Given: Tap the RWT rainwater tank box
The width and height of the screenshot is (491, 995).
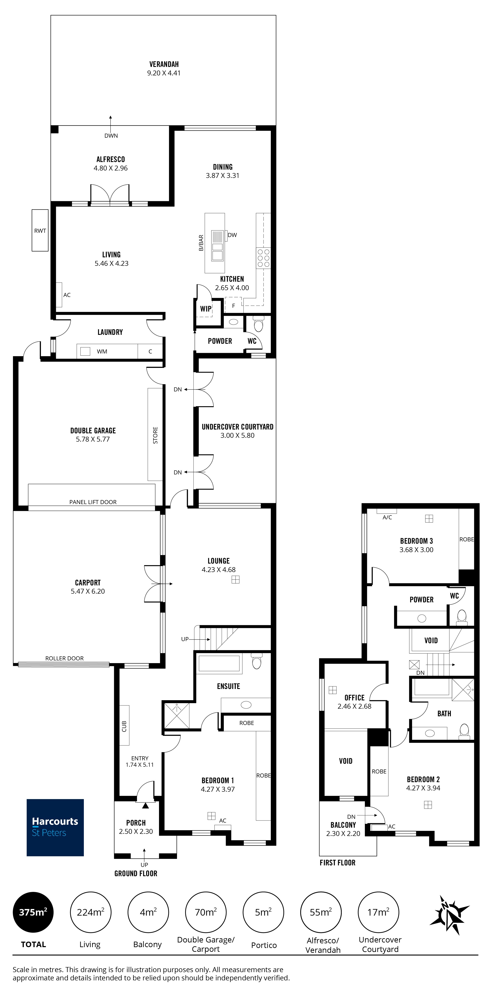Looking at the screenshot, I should [x=40, y=231].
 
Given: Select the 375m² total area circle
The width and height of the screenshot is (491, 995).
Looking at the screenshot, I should [x=33, y=912].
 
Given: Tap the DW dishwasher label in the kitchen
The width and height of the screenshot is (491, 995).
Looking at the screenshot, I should [x=232, y=235].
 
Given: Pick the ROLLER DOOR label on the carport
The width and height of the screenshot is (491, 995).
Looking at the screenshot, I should [x=64, y=658].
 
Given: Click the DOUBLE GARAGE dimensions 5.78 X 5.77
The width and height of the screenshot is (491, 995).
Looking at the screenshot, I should [x=93, y=439].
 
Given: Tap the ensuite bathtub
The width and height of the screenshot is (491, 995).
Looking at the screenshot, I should [x=219, y=664].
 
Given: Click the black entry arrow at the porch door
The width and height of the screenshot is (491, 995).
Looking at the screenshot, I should [x=145, y=806].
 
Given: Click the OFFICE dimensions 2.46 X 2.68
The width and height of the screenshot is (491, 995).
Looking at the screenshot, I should [x=354, y=706].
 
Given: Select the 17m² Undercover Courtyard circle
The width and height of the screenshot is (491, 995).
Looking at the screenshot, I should [x=378, y=912].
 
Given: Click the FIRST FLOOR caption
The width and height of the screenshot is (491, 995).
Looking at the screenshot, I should [x=337, y=862].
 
